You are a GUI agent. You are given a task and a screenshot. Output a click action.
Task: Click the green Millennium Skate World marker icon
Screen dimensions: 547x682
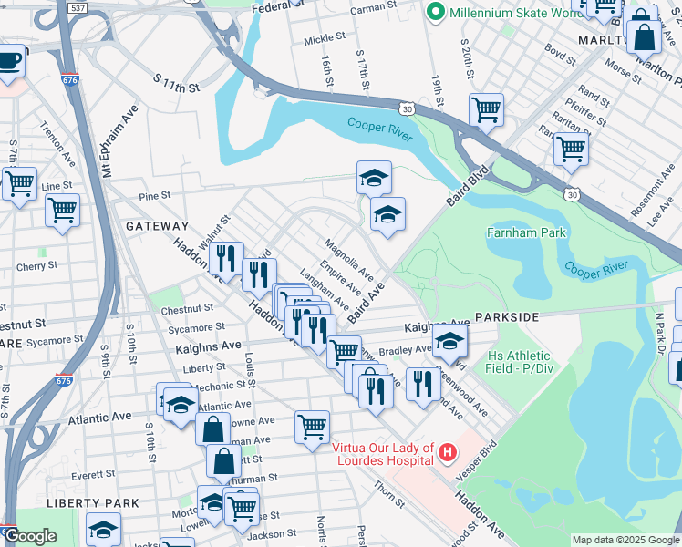pyautogui.click(x=436, y=12)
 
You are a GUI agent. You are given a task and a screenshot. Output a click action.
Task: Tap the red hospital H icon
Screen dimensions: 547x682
pyautogui.click(x=447, y=451)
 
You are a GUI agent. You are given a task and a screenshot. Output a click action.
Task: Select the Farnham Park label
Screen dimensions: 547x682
pyautogui.click(x=527, y=232)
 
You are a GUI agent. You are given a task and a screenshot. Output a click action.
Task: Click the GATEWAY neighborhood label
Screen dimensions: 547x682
pyautogui.click(x=157, y=225)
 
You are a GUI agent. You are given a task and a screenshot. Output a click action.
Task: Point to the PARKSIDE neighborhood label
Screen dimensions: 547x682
pyautogui.click(x=507, y=315)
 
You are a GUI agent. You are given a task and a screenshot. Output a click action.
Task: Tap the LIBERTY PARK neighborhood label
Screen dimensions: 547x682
pyautogui.click(x=93, y=502)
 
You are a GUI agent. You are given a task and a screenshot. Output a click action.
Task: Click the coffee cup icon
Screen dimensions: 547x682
pyautogui.click(x=9, y=62)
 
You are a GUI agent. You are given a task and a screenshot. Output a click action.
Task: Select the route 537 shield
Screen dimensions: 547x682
pyautogui.click(x=77, y=9)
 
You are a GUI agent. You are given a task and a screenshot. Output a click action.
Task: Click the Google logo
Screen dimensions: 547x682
pyautogui.click(x=30, y=536)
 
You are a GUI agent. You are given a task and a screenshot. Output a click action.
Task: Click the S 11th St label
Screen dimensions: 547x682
pyautogui.click(x=176, y=86)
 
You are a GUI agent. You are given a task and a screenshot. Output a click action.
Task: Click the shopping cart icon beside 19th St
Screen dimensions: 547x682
pyautogui.click(x=486, y=110)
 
